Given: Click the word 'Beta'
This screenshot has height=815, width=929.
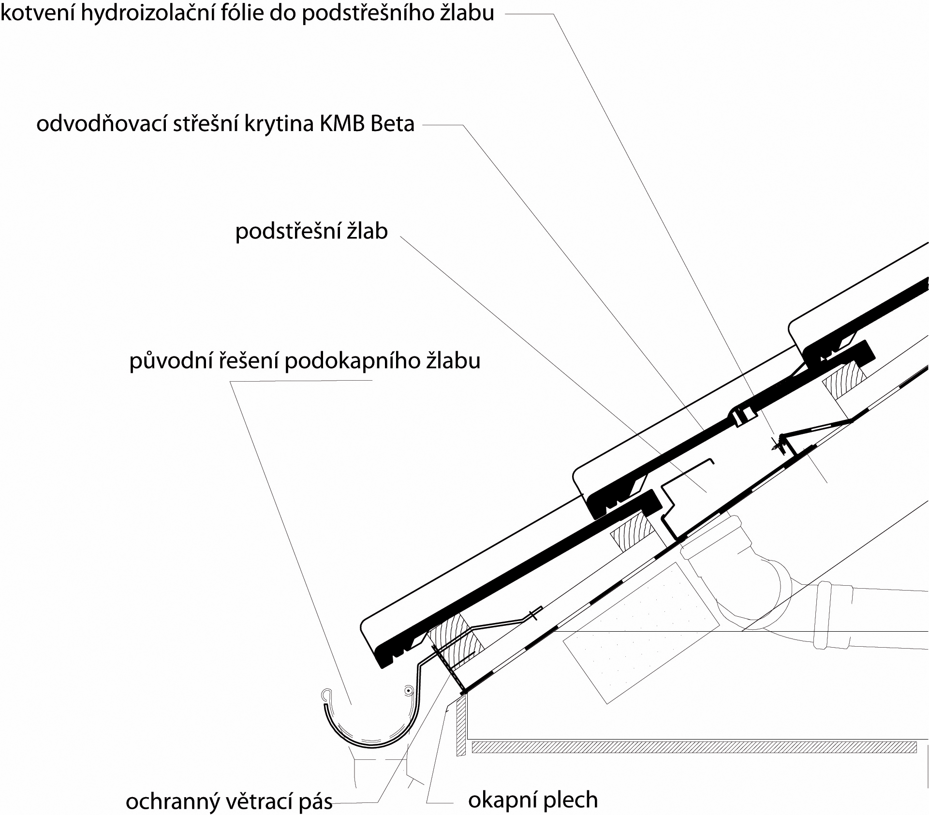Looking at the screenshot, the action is coord(393,124).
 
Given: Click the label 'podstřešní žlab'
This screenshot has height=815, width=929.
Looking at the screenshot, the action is coord(311,231).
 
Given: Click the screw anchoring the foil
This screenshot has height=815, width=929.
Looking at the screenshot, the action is coord(776,444).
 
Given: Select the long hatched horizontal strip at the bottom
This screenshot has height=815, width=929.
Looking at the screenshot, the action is coord(694,747).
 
